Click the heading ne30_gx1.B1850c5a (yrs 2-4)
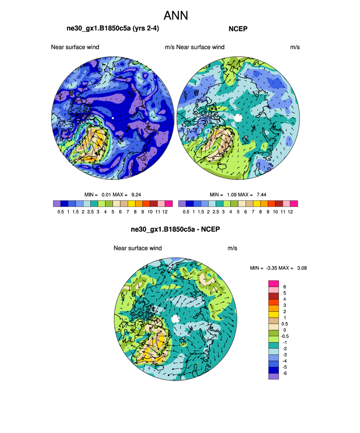112,29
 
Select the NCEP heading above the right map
238,29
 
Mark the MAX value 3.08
301,268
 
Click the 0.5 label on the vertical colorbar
285,324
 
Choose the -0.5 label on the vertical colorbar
285,337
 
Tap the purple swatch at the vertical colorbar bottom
274,376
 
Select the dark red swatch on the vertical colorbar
274,297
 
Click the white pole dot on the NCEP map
238,118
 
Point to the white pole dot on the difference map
176,320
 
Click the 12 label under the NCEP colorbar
291,212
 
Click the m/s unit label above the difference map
232,248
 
